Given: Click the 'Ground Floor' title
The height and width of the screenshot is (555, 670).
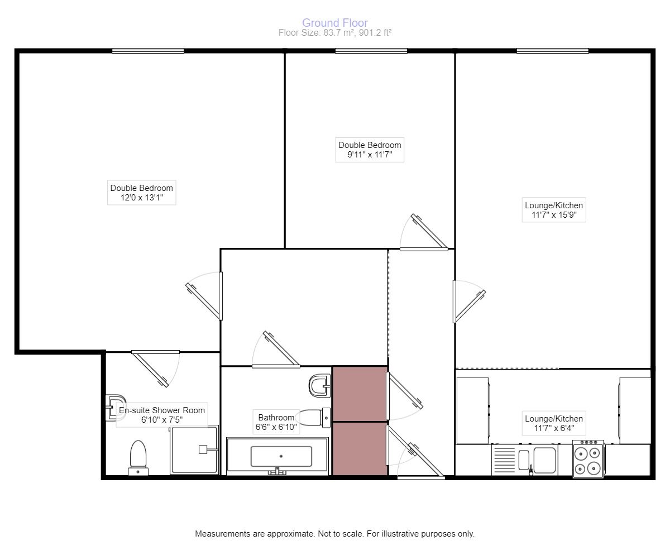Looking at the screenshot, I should [x=335, y=23].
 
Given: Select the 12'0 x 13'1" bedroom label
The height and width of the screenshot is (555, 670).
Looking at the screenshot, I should [x=141, y=193].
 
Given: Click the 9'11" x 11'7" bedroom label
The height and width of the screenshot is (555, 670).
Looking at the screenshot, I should [x=370, y=150].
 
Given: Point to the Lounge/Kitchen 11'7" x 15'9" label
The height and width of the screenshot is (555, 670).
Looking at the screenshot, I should [x=553, y=210].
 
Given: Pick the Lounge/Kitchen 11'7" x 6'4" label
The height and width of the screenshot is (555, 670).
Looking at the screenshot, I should [x=553, y=423].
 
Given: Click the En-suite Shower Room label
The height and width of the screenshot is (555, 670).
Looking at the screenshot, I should [x=162, y=415].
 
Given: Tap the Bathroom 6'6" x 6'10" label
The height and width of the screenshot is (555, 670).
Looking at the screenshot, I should [x=276, y=423].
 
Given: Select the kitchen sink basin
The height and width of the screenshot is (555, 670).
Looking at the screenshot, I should [x=544, y=460].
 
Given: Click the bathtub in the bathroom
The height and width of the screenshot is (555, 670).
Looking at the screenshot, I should [x=281, y=456].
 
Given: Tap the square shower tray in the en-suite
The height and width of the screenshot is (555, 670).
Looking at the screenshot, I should [x=194, y=449].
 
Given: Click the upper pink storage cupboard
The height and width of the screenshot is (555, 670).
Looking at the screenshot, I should [x=360, y=393].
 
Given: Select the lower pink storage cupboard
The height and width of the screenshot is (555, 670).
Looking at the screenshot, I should [x=360, y=449].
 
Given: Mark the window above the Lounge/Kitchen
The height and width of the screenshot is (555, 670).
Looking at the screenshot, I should [x=552, y=51].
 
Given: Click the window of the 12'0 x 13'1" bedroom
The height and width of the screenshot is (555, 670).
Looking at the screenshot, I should [x=148, y=51].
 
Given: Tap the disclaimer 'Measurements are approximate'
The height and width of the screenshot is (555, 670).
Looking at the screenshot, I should [x=334, y=534].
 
